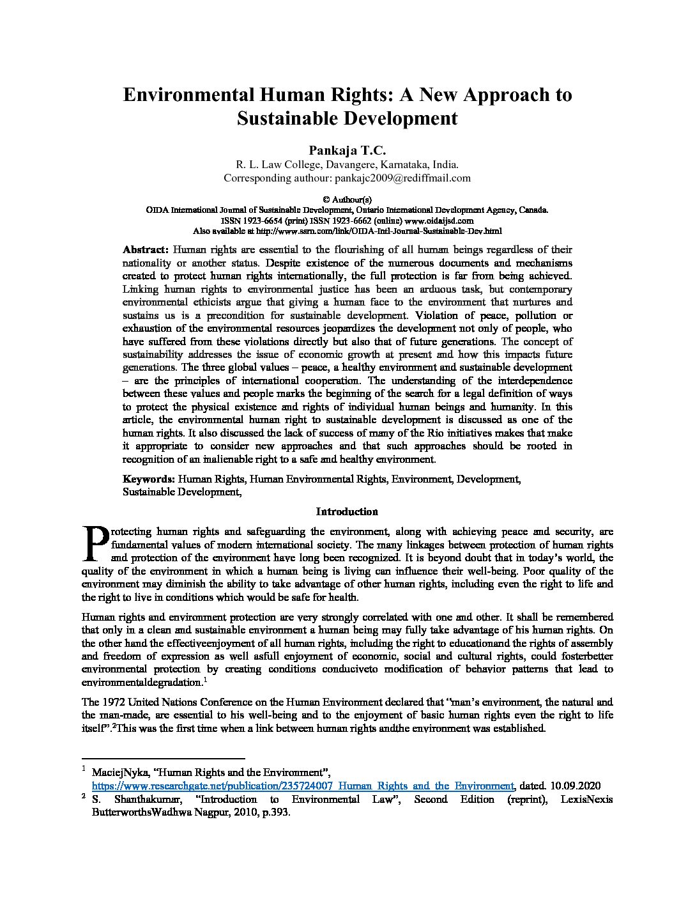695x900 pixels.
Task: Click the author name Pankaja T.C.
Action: [x=347, y=150]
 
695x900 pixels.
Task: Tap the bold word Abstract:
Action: [x=146, y=250]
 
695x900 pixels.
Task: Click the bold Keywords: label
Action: [x=149, y=479]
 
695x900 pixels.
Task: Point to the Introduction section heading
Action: [x=347, y=511]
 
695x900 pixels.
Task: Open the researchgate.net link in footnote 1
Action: [x=303, y=786]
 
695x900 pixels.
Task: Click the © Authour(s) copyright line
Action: [x=347, y=199]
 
